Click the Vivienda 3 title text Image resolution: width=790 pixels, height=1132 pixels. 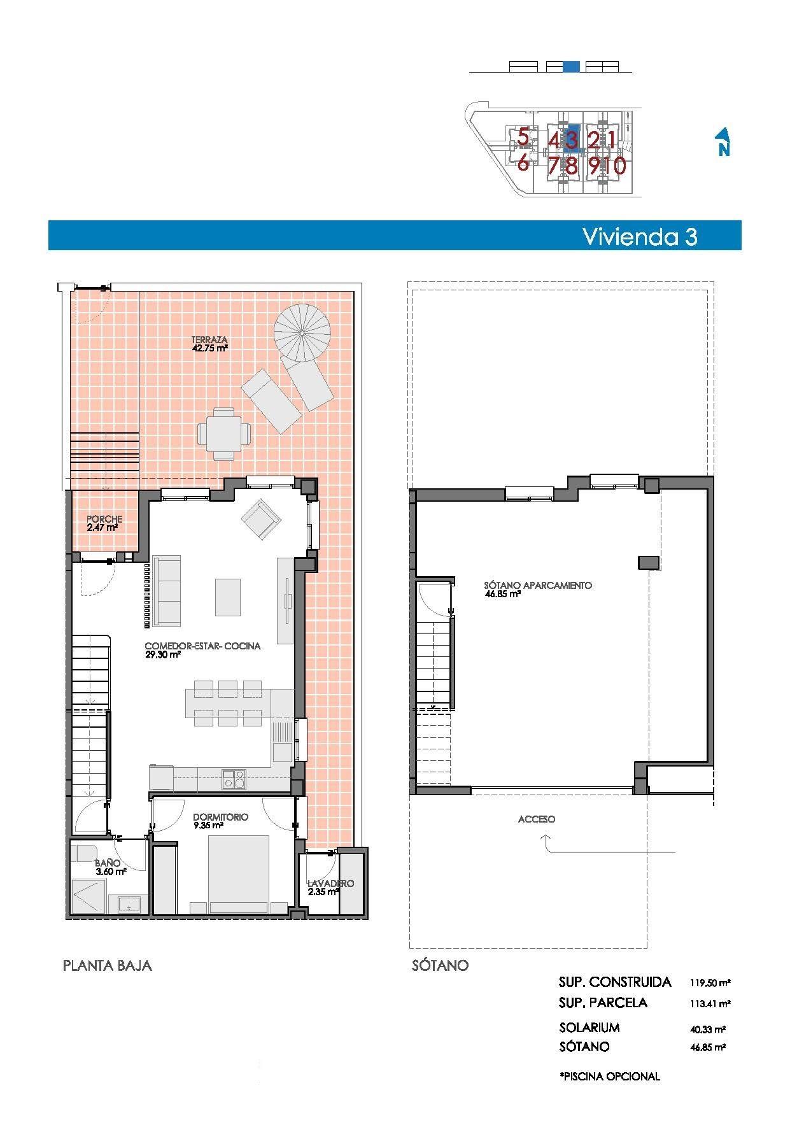[640, 236]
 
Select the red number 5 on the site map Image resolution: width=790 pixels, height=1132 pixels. [523, 136]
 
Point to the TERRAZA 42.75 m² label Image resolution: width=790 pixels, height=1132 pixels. [209, 344]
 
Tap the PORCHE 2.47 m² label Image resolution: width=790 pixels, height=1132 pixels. [104, 523]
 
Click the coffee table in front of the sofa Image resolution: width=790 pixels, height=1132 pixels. [227, 597]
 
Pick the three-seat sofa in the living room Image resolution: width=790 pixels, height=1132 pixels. [167, 590]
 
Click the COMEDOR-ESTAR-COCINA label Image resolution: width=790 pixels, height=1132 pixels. [202, 649]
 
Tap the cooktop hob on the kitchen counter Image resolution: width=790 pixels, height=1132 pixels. [234, 779]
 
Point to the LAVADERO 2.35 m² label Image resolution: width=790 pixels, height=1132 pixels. [330, 888]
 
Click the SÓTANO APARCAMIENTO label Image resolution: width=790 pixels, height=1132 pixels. [538, 589]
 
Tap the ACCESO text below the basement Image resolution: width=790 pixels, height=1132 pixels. [536, 819]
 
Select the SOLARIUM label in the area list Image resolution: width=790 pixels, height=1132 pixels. [589, 1028]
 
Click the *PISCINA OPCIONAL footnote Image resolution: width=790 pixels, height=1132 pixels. [609, 1077]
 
